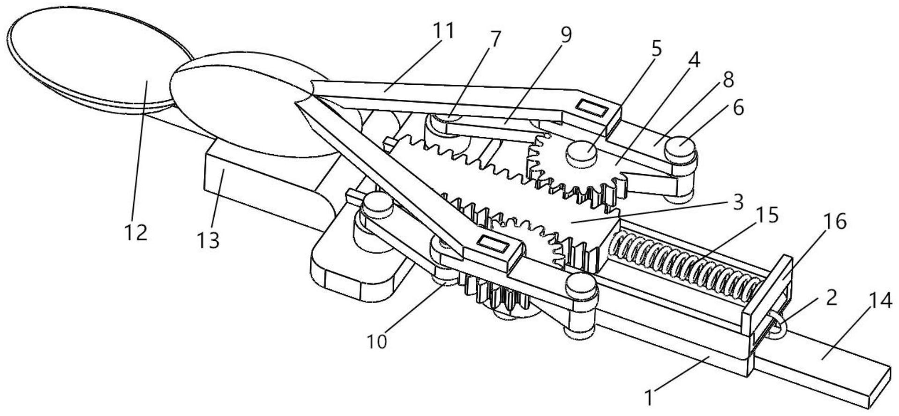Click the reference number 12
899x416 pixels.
click(135, 232)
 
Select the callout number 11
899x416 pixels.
click(443, 30)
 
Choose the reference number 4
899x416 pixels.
click(693, 60)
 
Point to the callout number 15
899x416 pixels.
click(767, 215)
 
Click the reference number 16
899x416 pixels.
click(834, 222)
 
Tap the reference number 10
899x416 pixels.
click(377, 342)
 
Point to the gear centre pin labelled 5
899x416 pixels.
click(581, 154)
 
